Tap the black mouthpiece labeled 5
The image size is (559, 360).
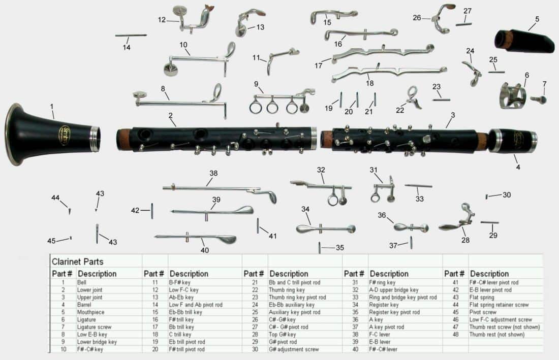526,41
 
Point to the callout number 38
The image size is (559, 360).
213,173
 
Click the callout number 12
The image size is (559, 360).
162,20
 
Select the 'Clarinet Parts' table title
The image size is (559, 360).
77,262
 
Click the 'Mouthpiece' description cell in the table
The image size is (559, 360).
91,312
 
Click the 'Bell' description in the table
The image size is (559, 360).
82,282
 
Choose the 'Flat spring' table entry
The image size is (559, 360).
484,297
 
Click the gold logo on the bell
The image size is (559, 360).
65,135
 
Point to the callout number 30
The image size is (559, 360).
507,195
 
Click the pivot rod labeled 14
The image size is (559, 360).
131,36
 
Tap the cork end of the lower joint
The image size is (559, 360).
123,140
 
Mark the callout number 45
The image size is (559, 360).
51,241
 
